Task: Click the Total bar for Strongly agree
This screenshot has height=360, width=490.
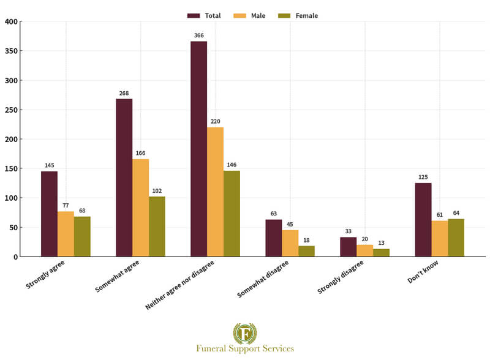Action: [x=49, y=214]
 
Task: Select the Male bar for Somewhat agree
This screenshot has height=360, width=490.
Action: [x=140, y=208]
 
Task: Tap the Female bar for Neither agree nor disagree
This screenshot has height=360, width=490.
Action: [x=232, y=214]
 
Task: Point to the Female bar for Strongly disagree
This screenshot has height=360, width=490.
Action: [x=381, y=252]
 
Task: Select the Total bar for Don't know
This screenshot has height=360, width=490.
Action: [x=423, y=220]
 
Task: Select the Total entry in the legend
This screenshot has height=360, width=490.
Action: [x=205, y=15]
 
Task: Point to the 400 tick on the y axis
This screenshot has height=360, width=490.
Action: [x=10, y=21]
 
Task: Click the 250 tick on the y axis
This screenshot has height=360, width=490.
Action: [x=10, y=110]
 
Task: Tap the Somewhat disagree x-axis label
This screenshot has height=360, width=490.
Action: [x=263, y=279]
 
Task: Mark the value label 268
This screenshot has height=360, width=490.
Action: [x=124, y=94]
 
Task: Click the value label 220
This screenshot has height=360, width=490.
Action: [x=215, y=122]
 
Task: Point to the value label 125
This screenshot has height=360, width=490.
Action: [x=423, y=178]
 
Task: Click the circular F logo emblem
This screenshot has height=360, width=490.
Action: [x=245, y=333]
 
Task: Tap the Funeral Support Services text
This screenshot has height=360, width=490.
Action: [x=245, y=349]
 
